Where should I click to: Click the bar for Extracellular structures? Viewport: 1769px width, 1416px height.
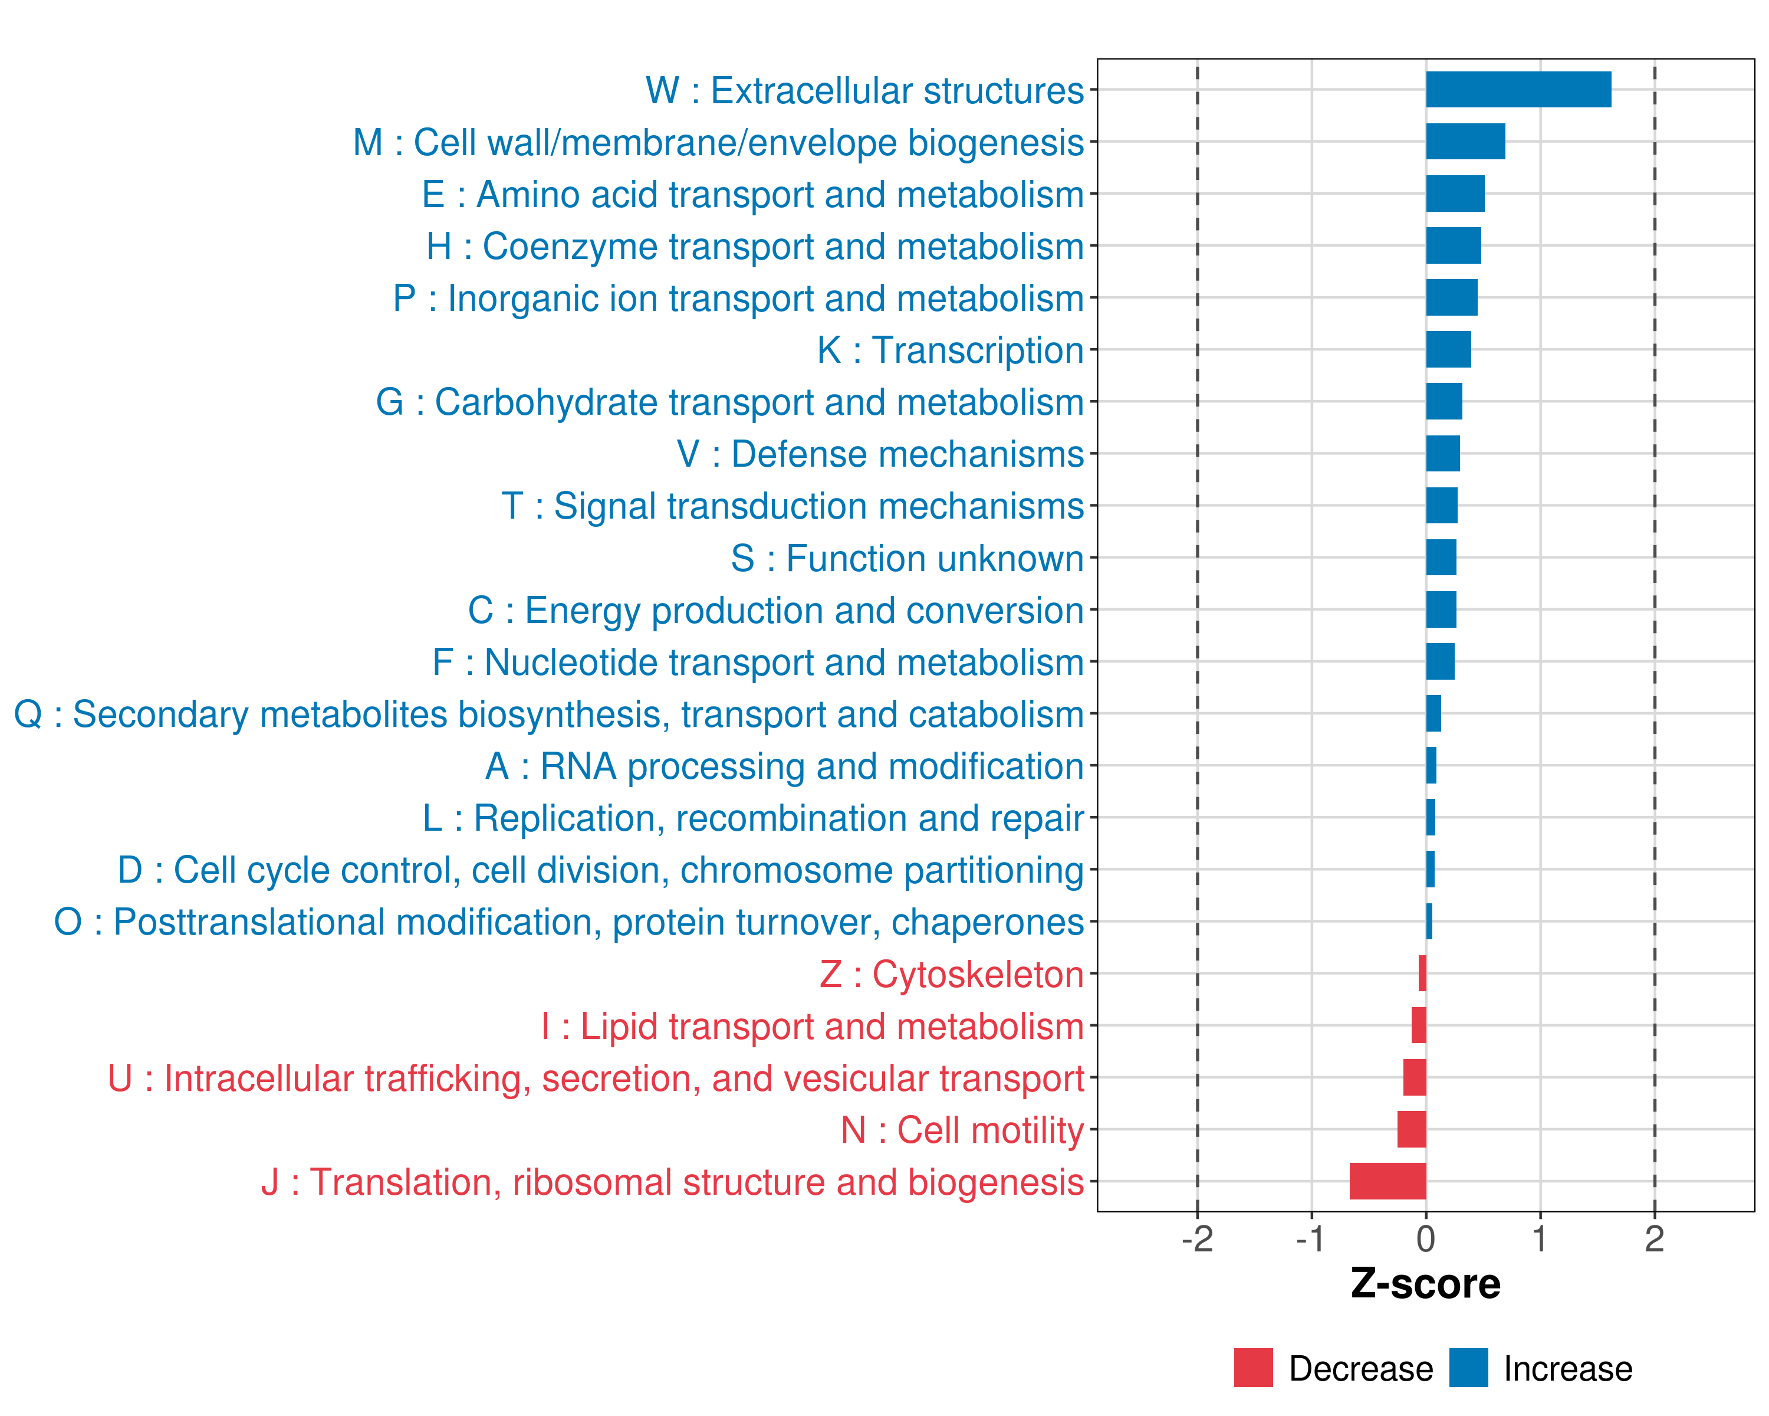point(1518,90)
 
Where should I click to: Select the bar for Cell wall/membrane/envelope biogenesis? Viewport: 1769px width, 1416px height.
point(1465,141)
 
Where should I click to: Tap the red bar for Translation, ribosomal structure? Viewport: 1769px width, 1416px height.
point(1387,1181)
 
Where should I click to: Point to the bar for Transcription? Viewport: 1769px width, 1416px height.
point(1448,350)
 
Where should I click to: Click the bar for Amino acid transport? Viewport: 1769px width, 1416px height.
point(1455,194)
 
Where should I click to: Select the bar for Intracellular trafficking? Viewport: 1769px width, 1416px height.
point(1415,1077)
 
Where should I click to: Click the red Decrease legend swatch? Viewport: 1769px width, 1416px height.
point(1253,1368)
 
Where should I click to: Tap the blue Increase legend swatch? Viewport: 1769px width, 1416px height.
point(1468,1368)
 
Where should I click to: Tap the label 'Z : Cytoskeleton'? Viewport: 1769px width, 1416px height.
point(952,974)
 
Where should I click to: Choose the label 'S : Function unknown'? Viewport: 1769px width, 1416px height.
point(907,559)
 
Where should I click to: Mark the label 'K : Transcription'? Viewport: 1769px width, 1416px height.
point(950,350)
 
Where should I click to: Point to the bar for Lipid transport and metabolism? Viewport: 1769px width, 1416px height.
point(1419,1025)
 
